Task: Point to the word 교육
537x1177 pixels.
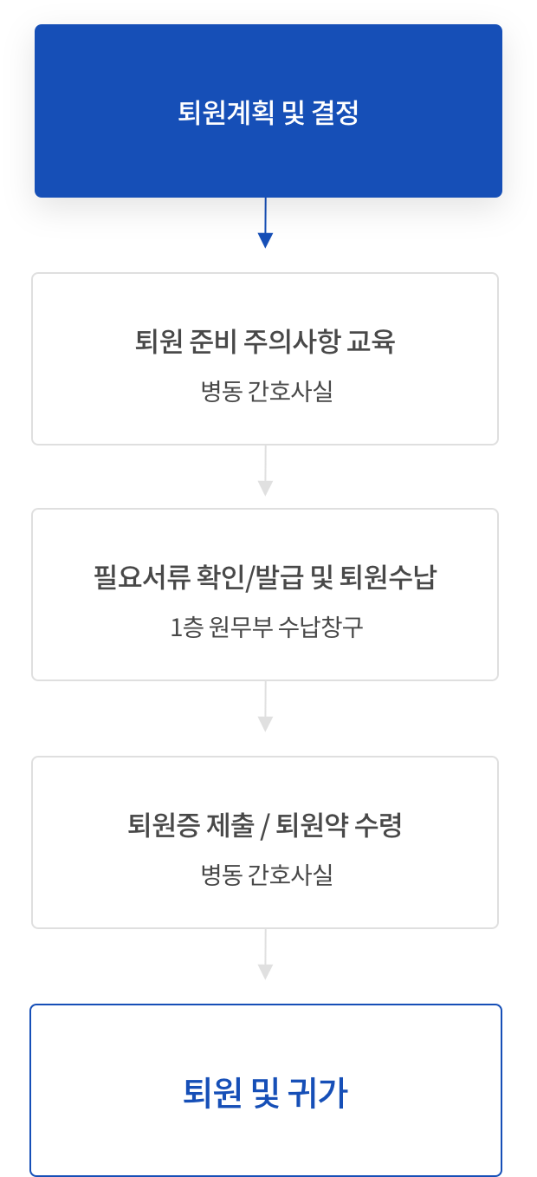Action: [372, 342]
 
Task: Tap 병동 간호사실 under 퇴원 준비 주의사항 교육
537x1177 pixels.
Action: [266, 392]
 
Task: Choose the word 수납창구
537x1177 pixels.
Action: [320, 628]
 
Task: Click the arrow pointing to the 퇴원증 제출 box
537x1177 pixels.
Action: [265, 712]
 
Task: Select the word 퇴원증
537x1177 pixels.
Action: [164, 826]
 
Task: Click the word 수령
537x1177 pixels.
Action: [380, 826]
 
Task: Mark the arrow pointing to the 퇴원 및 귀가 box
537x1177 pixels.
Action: [265, 959]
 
